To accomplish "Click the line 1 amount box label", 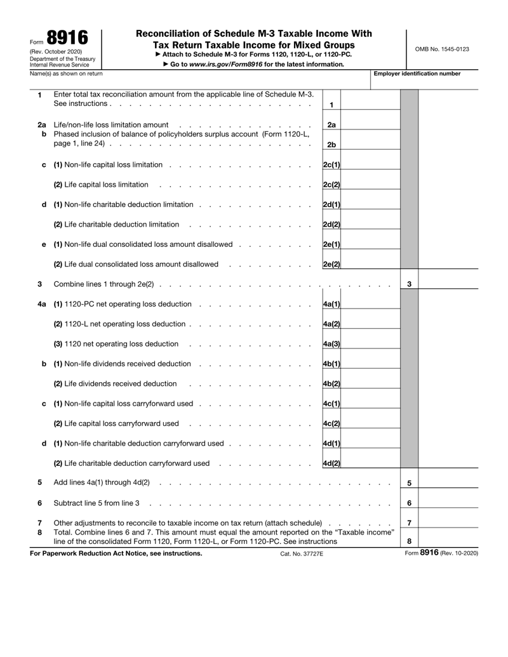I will [332, 103].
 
